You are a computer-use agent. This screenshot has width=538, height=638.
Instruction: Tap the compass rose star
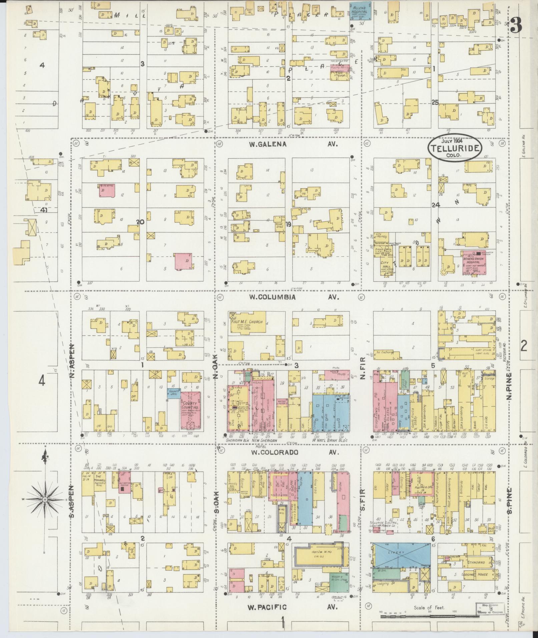point(44,499)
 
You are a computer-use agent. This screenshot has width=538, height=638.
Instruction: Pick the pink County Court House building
point(190,410)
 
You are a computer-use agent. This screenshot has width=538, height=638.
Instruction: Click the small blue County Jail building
point(174,394)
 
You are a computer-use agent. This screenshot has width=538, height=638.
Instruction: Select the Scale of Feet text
point(429,608)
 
